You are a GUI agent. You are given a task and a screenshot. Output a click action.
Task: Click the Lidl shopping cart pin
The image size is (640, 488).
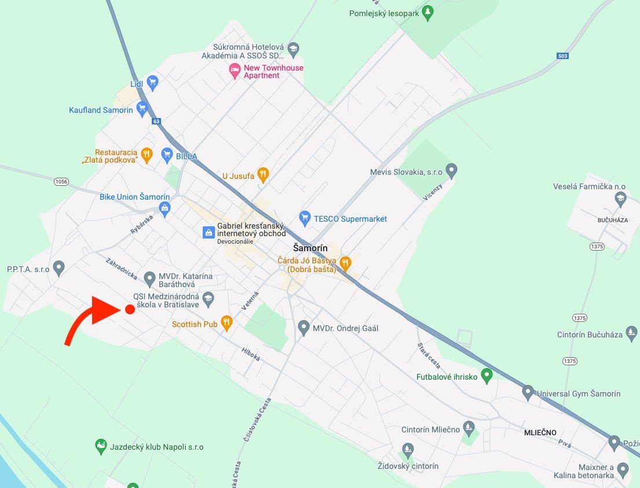152,83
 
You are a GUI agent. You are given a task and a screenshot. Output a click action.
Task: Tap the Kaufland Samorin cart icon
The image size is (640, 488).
142,109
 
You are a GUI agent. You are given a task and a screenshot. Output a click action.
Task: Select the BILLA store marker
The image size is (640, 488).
167,155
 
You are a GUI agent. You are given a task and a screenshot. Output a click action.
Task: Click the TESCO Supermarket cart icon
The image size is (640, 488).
305,218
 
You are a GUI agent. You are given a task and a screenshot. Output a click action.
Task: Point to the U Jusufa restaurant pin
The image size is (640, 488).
263,173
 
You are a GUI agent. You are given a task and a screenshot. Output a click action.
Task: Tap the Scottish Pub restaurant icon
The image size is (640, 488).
226,323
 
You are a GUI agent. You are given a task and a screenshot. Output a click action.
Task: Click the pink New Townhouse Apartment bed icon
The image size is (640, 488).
235,71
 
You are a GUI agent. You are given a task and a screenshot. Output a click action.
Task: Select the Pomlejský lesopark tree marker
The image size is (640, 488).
428,12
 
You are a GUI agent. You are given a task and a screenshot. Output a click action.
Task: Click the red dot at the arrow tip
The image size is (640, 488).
130,310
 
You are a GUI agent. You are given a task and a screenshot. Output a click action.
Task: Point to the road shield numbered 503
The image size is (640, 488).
562,56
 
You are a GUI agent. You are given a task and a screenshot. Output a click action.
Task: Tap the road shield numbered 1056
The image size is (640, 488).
61,182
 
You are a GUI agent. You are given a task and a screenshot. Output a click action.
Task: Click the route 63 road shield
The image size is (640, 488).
156,122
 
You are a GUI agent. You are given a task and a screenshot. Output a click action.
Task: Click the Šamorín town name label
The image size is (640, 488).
310,248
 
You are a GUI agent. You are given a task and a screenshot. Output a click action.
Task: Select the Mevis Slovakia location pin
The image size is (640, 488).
452,171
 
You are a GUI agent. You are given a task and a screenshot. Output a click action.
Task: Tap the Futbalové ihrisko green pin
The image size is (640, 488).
487,376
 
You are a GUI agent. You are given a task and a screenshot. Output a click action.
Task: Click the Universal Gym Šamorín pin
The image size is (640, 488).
528,392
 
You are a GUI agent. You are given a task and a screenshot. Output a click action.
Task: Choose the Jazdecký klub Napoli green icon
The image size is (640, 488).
101,446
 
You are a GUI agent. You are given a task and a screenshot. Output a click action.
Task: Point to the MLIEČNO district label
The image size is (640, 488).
540,432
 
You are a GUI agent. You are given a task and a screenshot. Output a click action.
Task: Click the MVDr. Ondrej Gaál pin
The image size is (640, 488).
303,328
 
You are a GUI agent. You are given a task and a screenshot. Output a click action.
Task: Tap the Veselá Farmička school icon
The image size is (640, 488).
621,199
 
